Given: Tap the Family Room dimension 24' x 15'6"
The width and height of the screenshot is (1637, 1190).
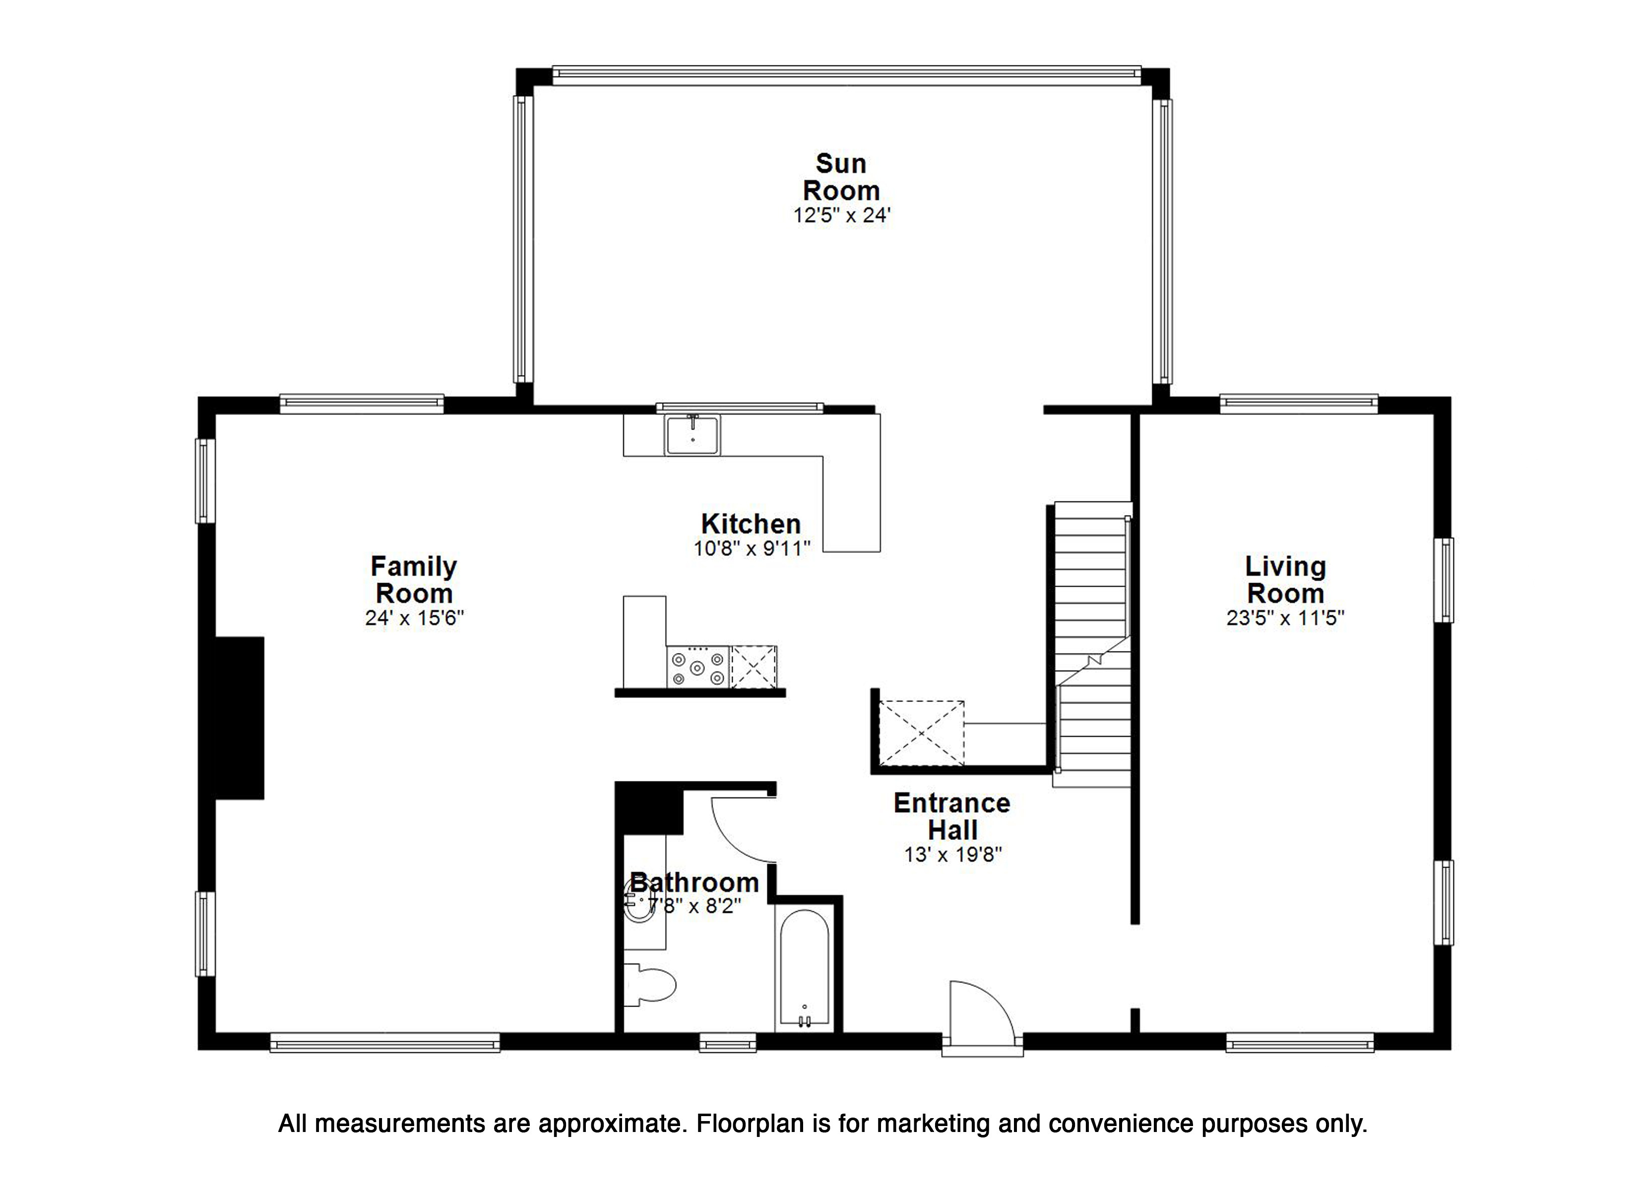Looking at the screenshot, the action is (414, 618).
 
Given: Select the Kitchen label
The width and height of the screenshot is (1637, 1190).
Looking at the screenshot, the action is (751, 523).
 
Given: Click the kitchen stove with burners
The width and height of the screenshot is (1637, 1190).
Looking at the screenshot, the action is (698, 667).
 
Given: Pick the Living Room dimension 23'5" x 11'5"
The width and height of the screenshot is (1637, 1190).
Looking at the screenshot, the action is (1285, 618).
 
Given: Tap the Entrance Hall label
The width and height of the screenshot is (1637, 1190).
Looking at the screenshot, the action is (952, 816).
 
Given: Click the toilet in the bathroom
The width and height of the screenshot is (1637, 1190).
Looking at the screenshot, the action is (650, 984).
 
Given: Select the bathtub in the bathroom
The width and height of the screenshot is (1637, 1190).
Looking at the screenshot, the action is (804, 970).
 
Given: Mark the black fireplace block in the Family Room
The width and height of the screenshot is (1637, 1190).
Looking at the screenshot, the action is (240, 718).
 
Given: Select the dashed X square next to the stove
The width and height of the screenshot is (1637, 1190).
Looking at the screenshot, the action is (754, 667).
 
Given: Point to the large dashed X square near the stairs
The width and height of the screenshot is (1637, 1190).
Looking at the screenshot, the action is (922, 732).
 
